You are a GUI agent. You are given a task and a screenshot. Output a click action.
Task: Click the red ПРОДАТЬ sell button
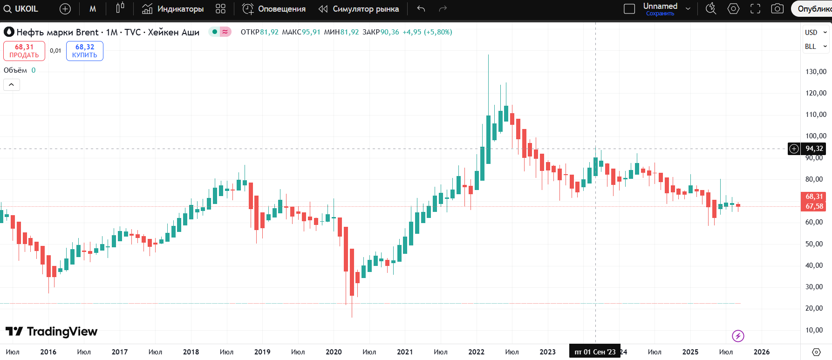tap(24, 51)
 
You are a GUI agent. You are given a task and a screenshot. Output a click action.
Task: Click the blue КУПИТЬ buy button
tap(85, 51)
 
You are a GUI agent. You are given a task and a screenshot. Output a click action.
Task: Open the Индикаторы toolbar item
tap(173, 9)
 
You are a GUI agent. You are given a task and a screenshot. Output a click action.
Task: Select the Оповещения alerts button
tap(274, 9)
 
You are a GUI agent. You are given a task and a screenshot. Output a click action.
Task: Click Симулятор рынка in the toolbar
tap(359, 9)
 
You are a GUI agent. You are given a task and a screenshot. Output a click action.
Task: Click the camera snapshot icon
tap(777, 9)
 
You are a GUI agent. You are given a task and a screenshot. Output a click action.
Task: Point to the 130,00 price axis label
tap(816, 72)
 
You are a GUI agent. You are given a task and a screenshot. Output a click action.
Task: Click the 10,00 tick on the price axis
tap(814, 330)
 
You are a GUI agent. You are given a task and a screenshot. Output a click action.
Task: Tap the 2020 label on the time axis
tap(334, 352)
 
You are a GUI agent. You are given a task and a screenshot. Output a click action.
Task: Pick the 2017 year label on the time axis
tap(120, 352)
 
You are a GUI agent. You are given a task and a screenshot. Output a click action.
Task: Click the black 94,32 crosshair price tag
tap(814, 149)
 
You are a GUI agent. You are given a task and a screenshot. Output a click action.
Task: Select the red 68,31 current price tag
tap(814, 197)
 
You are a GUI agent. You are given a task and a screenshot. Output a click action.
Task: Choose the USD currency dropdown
tap(815, 33)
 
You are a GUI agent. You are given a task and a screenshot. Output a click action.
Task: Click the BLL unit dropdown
tap(815, 47)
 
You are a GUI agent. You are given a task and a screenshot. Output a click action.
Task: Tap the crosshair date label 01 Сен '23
tap(595, 352)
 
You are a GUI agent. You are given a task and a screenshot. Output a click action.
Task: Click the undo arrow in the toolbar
tap(421, 9)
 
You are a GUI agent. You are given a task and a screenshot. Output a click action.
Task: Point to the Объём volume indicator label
tap(15, 70)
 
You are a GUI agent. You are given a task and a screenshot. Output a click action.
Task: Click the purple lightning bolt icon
tap(738, 336)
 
